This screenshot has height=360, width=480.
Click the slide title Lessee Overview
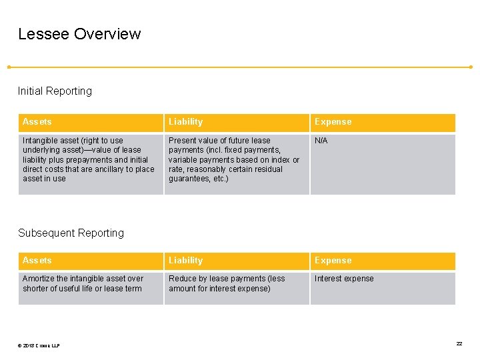click(x=79, y=34)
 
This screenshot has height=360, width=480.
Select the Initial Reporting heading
click(x=55, y=91)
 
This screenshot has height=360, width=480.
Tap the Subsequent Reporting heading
click(x=71, y=233)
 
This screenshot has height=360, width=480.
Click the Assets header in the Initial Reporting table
click(x=37, y=122)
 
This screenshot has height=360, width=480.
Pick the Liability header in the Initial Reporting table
click(x=185, y=122)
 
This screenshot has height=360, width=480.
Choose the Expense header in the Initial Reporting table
click(x=333, y=122)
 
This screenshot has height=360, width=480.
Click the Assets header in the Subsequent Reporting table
click(x=37, y=261)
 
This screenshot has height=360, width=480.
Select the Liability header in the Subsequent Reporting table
click(x=185, y=261)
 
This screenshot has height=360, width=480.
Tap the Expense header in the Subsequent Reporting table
click(x=333, y=261)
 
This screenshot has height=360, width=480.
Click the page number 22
click(x=459, y=343)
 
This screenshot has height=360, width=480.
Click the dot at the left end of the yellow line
click(x=9, y=67)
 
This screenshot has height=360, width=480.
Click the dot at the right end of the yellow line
click(x=471, y=67)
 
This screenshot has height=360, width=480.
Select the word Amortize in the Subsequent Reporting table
click(x=37, y=279)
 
